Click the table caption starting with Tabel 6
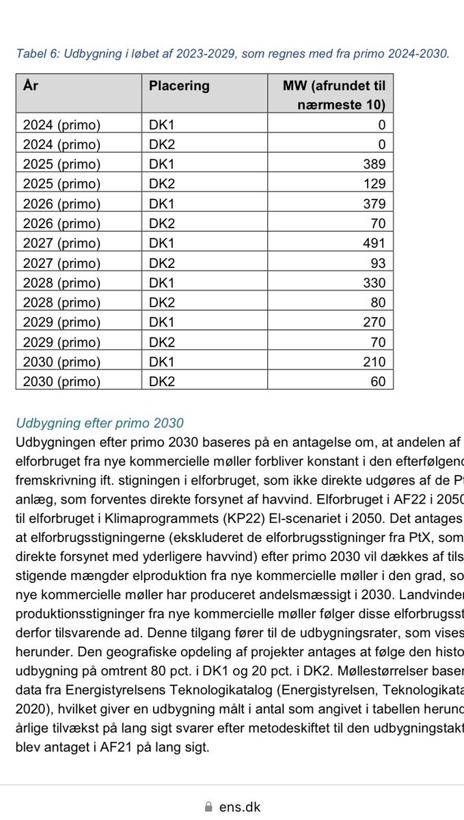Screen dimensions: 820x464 pos(232,54)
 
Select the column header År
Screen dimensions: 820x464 pos(30,86)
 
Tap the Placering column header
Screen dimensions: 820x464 pos(179,86)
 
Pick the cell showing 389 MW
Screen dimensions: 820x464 pos(374,164)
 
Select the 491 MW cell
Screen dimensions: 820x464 pos(374,243)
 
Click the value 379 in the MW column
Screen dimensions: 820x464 pos(374,204)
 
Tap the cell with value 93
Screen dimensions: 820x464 pos(378,263)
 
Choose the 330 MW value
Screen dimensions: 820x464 pos(374,283)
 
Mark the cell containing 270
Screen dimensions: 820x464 pos(374,323)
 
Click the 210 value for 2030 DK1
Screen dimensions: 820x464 pos(374,362)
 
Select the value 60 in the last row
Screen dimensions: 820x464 pos(378,382)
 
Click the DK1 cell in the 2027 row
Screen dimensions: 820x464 pos(161,243)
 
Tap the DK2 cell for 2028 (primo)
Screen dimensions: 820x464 pos(161,303)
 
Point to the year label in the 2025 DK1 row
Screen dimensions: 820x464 pos(62,164)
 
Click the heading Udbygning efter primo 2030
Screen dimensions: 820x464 pos(99,423)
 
